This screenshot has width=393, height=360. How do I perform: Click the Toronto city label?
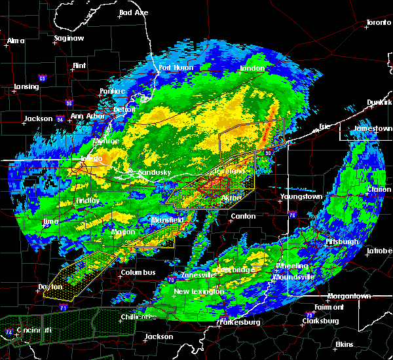pyautogui.click(x=378, y=23)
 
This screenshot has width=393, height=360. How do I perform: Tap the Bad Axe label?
pyautogui.click(x=134, y=12)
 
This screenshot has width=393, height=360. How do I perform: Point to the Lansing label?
pyautogui.click(x=26, y=87)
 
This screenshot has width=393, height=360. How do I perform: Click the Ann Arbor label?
pyautogui.click(x=86, y=116)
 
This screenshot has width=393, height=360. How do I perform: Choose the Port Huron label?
pyautogui.click(x=174, y=67)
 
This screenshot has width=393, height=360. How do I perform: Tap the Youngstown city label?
pyautogui.click(x=301, y=196)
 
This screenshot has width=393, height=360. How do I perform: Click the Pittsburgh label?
pyautogui.click(x=342, y=242)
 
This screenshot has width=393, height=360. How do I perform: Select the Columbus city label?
pyautogui.click(x=138, y=272)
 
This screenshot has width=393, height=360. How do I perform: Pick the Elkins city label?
pyautogui.click(x=343, y=344)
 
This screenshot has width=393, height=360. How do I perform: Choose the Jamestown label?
pyautogui.click(x=373, y=129)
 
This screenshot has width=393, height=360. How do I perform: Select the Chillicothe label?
pyautogui.click(x=140, y=317)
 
